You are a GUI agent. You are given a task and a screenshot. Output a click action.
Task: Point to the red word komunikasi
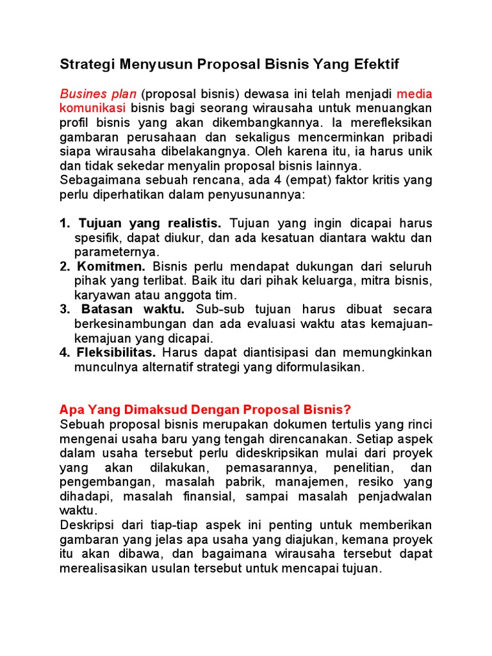pyautogui.click(x=92, y=108)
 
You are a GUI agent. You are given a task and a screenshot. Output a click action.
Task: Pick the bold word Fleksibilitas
pyautogui.click(x=116, y=353)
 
